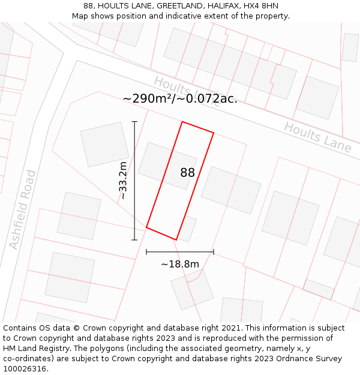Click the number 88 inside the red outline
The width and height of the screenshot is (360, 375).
(x=188, y=173)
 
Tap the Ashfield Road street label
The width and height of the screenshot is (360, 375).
(x=23, y=210)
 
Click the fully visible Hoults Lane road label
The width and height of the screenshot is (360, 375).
(x=317, y=137)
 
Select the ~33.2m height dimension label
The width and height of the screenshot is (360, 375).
(x=123, y=181)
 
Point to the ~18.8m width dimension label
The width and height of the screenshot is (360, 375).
(x=179, y=264)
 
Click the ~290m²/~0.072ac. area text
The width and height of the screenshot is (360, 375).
(x=180, y=99)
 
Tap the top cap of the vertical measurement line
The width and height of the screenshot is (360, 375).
(x=134, y=122)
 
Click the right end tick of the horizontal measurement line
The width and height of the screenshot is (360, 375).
(x=214, y=252)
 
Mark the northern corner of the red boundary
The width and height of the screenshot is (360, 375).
(x=182, y=122)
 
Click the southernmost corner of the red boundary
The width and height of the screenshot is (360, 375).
(x=176, y=239)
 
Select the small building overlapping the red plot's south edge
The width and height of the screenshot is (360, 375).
(x=187, y=229)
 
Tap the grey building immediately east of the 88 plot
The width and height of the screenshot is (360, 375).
(x=231, y=190)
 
